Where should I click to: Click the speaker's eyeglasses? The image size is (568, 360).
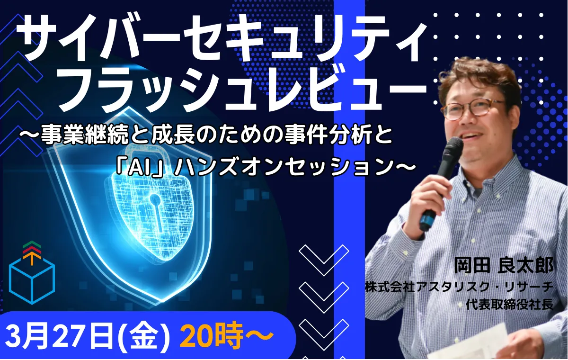[x=472, y=109]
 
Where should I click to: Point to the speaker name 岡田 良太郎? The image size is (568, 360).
[x=503, y=266]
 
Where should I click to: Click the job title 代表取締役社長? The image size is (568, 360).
[x=510, y=304]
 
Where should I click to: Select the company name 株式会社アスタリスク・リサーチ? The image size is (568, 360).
[x=459, y=287]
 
